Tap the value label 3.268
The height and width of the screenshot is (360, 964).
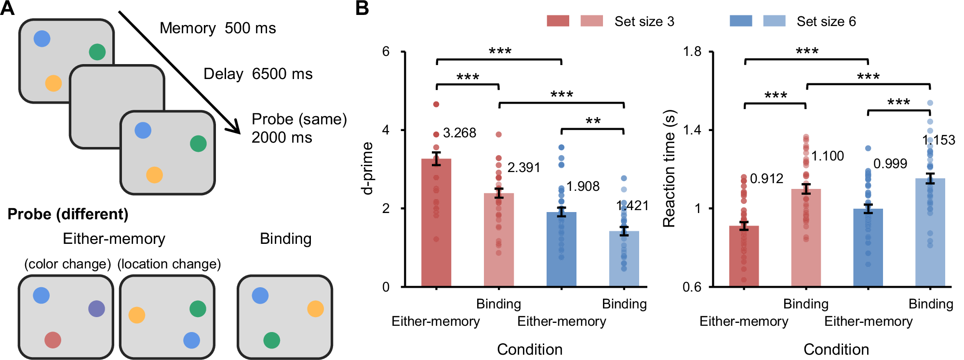pyautogui.click(x=459, y=133)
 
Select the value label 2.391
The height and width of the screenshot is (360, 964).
pyautogui.click(x=523, y=168)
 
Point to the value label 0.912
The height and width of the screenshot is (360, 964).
pyautogui.click(x=766, y=179)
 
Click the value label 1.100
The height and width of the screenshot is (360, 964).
pyautogui.click(x=828, y=156)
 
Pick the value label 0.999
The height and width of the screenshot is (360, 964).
pyautogui.click(x=890, y=164)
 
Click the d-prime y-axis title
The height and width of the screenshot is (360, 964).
pyautogui.click(x=368, y=168)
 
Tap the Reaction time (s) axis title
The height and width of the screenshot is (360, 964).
pyautogui.click(x=669, y=168)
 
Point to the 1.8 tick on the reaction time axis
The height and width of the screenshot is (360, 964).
pyautogui.click(x=692, y=51)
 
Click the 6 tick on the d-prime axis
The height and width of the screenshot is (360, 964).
pyautogui.click(x=386, y=51)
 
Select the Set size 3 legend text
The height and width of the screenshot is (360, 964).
pyautogui.click(x=644, y=22)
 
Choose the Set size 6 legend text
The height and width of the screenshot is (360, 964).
pyautogui.click(x=826, y=22)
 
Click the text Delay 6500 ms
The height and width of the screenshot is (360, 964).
pyautogui.click(x=258, y=74)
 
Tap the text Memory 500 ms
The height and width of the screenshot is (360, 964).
pyautogui.click(x=218, y=28)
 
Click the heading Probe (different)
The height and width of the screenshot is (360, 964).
pyautogui.click(x=68, y=214)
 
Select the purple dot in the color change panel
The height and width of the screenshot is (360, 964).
pyautogui.click(x=96, y=308)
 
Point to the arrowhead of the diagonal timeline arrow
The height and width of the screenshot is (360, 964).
pyautogui.click(x=236, y=130)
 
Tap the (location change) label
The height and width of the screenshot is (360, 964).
pyautogui.click(x=169, y=264)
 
